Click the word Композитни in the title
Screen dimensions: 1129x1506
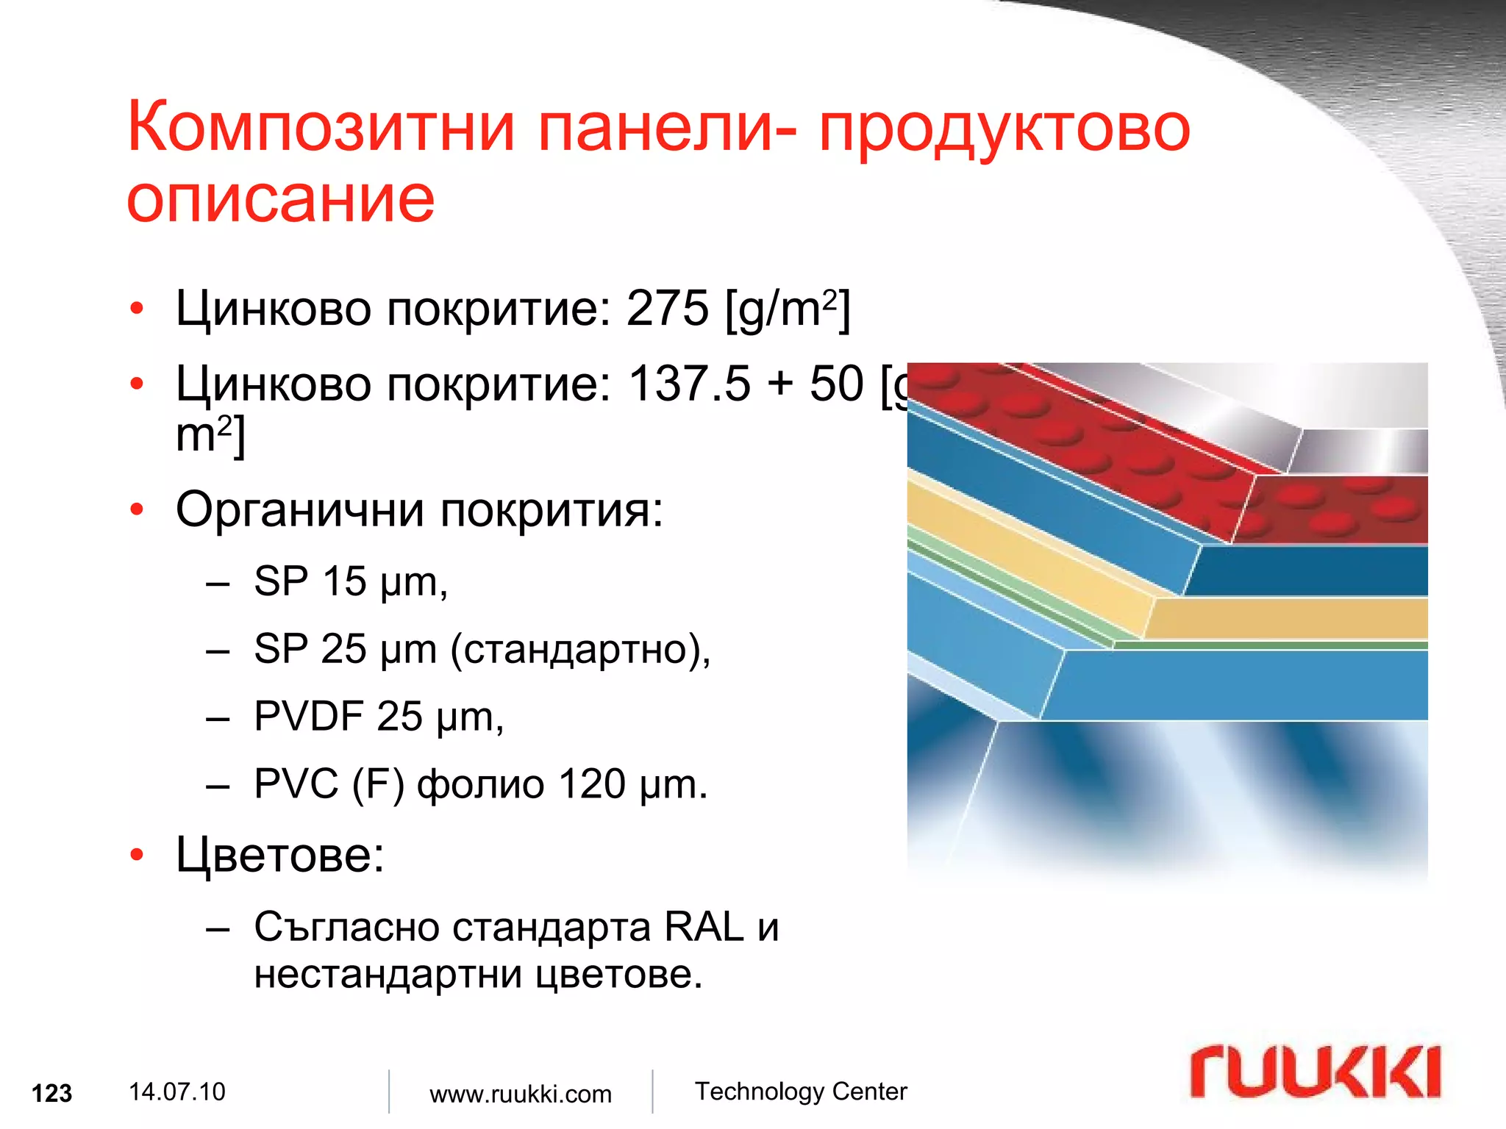click(x=321, y=128)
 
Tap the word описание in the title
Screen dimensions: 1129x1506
click(x=281, y=199)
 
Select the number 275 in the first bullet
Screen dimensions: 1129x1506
click(x=667, y=308)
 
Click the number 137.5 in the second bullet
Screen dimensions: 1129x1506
click(x=690, y=384)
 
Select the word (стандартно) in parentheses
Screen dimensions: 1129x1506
click(x=579, y=650)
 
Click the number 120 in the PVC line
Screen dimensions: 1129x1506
click(x=592, y=784)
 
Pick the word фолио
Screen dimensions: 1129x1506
click(x=481, y=784)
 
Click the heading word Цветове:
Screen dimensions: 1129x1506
click(x=280, y=855)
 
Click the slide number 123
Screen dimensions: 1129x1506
click(x=52, y=1094)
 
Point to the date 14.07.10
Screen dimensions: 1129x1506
click(x=176, y=1092)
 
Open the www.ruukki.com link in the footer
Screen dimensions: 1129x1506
click(x=521, y=1094)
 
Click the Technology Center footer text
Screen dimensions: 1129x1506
click(x=801, y=1092)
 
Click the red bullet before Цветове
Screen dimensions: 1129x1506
click(x=137, y=855)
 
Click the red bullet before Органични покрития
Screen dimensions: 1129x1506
click(x=137, y=509)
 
